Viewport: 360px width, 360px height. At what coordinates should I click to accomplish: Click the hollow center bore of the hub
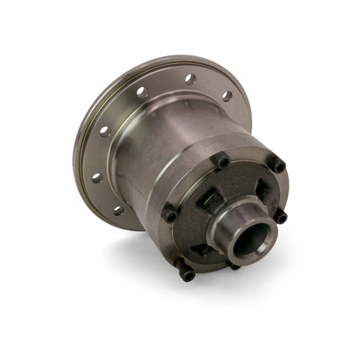pos(253,238)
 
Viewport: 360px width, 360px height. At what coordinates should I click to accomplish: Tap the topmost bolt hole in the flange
pos(190,78)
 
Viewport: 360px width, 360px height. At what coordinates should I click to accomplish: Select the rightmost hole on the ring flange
pos(226,97)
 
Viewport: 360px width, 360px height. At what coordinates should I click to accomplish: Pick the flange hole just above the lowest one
pos(97,178)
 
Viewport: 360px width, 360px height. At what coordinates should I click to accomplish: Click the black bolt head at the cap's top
pos(223,160)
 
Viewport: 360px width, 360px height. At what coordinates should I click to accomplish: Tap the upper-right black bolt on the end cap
pos(277,164)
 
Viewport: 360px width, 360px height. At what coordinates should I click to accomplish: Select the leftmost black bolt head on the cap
pos(171,215)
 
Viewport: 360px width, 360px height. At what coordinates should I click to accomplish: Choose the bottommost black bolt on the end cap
pos(187,275)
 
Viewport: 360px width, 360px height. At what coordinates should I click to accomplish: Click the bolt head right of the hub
pos(281,217)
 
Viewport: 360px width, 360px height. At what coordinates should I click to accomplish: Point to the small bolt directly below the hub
pos(234,265)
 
